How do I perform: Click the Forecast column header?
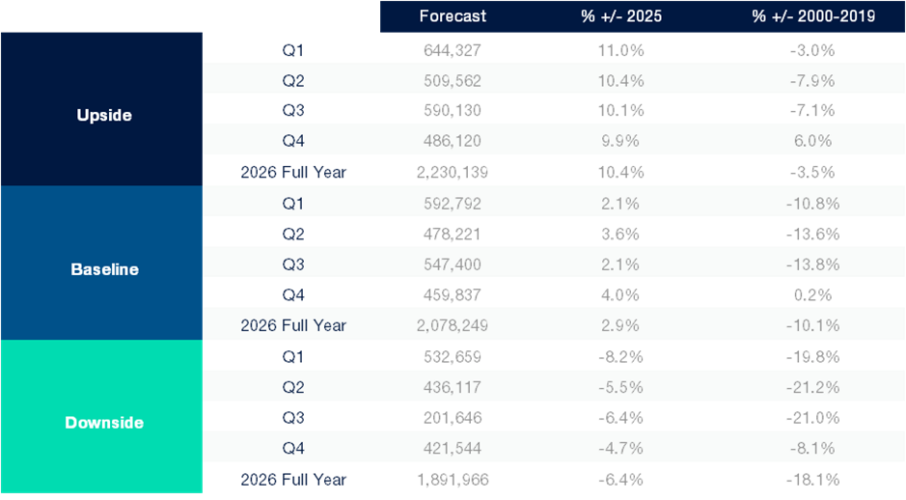[x=453, y=16]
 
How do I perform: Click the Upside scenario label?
[x=103, y=115]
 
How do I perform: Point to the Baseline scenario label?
[x=104, y=269]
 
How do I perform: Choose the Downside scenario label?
[x=103, y=422]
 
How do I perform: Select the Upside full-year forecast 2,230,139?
[x=453, y=173]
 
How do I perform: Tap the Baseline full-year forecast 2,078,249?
[x=453, y=325]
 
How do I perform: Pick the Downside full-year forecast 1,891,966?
[x=453, y=480]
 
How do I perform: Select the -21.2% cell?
[x=812, y=387]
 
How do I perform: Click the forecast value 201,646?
[x=453, y=418]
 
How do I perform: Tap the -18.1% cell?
[x=812, y=480]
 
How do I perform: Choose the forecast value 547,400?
[x=453, y=264]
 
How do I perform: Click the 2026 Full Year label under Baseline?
[x=293, y=325]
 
